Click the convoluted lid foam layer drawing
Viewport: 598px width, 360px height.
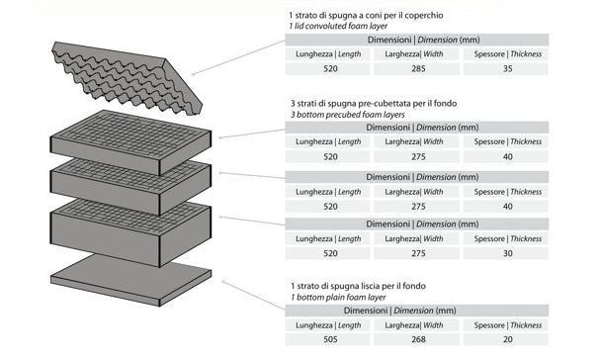tap(126, 76)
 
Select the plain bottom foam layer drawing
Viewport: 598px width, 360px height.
tap(130, 280)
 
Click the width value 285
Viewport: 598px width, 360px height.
tap(418, 69)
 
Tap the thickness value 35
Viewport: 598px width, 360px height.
tap(507, 69)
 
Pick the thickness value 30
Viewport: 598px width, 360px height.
tap(507, 253)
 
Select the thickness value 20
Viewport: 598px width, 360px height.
tap(507, 339)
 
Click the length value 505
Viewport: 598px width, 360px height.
tap(330, 339)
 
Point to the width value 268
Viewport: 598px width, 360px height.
tap(418, 339)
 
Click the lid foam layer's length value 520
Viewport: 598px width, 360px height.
tap(330, 69)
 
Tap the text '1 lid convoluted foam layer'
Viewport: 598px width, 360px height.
tap(338, 27)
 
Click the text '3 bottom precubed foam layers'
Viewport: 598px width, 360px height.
tap(347, 115)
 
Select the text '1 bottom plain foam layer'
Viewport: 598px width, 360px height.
tap(338, 298)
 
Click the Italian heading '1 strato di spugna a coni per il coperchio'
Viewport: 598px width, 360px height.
tap(366, 16)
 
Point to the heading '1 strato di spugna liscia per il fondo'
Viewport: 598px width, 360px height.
tap(358, 286)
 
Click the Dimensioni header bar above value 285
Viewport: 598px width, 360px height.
tap(416, 40)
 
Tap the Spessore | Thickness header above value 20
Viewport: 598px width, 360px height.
tap(507, 325)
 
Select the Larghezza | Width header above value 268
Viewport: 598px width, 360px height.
tap(414, 325)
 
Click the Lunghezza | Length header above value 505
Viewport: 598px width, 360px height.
tap(328, 325)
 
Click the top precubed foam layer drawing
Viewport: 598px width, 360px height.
tap(130, 142)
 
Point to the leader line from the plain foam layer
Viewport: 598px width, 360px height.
tap(254, 296)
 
